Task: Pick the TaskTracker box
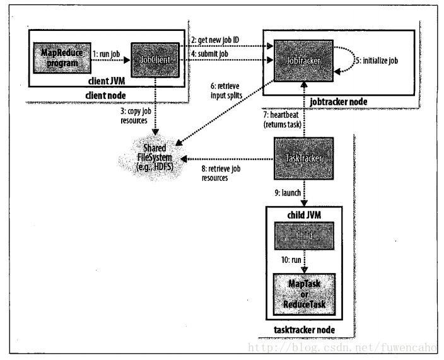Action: click(302, 160)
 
